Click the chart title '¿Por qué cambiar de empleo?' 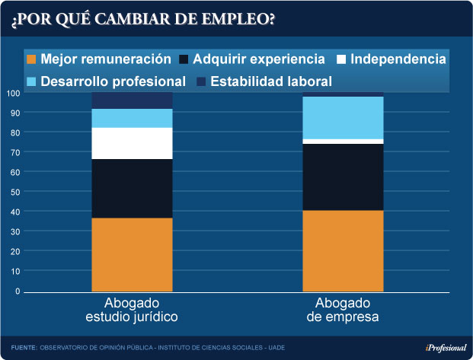point(143,18)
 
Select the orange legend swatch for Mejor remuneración point(31,59)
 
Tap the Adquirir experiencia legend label point(259,59)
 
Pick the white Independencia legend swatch point(343,59)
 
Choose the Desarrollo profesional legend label point(113,81)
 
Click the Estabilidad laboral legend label point(271,81)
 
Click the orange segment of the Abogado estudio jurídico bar point(132,254)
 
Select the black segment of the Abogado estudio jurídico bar point(132,188)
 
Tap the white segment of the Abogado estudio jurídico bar point(132,143)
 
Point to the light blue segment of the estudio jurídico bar point(132,118)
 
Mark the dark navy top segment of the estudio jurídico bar point(132,100)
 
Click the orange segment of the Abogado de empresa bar point(343,250)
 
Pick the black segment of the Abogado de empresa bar point(343,177)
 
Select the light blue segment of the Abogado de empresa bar point(343,118)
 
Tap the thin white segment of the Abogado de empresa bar point(343,142)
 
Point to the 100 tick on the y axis point(13,93)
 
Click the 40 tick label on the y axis point(14,212)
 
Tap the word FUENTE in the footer point(24,347)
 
